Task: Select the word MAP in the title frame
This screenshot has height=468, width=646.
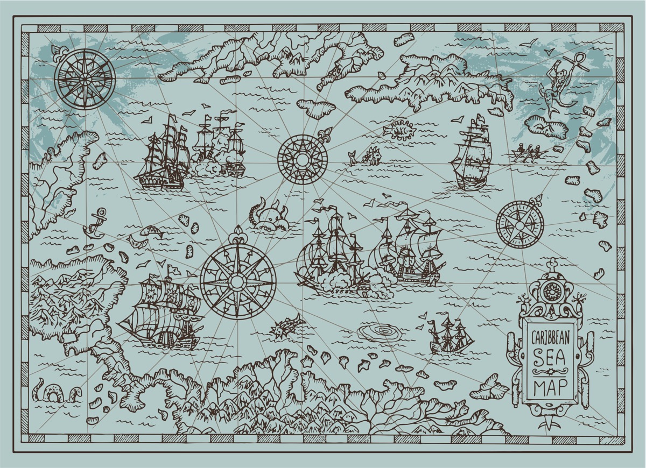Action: (x=549, y=386)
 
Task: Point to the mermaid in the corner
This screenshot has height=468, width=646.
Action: (x=554, y=86)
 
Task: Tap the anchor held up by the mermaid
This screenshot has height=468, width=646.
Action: (x=568, y=59)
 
